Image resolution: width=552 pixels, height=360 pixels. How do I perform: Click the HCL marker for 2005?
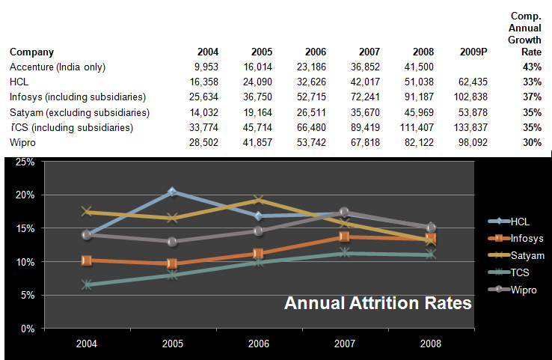point(172,192)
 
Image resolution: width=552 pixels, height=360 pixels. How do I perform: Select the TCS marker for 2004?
point(87,285)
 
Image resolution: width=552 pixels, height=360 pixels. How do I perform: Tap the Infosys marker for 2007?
point(344,237)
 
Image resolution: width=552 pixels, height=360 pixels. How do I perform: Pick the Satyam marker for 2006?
point(258,200)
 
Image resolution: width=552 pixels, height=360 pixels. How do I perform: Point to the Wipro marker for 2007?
point(344,213)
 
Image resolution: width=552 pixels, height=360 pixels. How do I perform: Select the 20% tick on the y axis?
point(25,195)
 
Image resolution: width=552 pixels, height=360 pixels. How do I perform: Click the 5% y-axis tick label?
point(27,296)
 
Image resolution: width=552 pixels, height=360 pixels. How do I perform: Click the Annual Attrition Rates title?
point(377,304)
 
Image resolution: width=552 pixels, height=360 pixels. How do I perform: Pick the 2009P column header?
point(474,52)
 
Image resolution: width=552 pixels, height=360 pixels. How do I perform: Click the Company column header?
point(31,52)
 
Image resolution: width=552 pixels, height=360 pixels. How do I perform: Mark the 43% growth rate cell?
point(532,67)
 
